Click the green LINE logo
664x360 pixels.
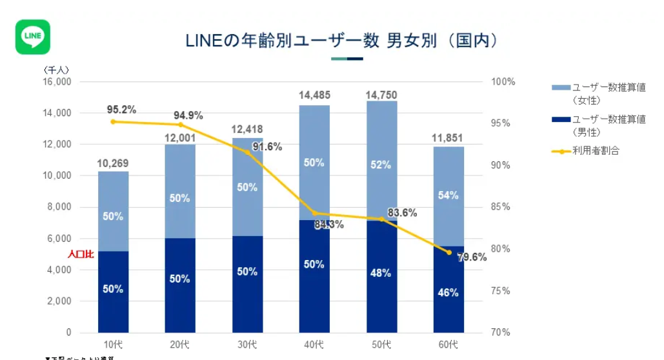pyautogui.click(x=33, y=37)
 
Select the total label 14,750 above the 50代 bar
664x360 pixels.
pyautogui.click(x=381, y=95)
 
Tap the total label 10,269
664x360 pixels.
pyautogui.click(x=114, y=163)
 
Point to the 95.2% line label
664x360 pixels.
pyautogui.click(x=121, y=110)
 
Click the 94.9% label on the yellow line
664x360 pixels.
pyautogui.click(x=188, y=115)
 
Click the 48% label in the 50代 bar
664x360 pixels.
pyautogui.click(x=381, y=273)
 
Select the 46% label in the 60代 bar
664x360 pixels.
pyautogui.click(x=448, y=292)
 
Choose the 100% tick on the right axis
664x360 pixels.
pyautogui.click(x=503, y=82)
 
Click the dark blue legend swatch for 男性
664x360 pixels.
pyautogui.click(x=561, y=120)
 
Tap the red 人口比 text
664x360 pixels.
pyautogui.click(x=81, y=254)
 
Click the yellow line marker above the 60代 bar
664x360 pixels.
pyautogui.click(x=448, y=252)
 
